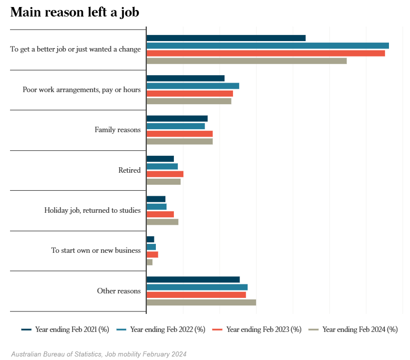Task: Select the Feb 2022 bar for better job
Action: (x=267, y=46)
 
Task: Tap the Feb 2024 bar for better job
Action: (x=246, y=61)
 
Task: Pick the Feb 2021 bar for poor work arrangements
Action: (x=185, y=78)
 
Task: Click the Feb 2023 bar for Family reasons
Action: (x=179, y=134)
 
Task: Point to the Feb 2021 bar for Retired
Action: (x=160, y=159)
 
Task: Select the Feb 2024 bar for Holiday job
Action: (x=162, y=222)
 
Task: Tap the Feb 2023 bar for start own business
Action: (x=152, y=254)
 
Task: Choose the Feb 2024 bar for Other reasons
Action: (x=201, y=302)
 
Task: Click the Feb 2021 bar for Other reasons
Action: (x=193, y=279)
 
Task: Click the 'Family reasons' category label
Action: (x=117, y=130)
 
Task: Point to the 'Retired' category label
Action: (x=129, y=170)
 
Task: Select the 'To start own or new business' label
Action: (x=96, y=250)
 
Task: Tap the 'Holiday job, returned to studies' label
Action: (x=92, y=210)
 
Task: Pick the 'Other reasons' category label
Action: (x=118, y=291)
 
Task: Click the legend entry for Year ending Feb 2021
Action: (x=65, y=329)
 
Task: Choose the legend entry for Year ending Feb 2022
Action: (x=161, y=329)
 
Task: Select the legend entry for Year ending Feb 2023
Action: (x=257, y=329)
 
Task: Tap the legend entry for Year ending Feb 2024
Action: (x=353, y=329)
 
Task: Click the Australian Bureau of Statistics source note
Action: (x=99, y=354)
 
